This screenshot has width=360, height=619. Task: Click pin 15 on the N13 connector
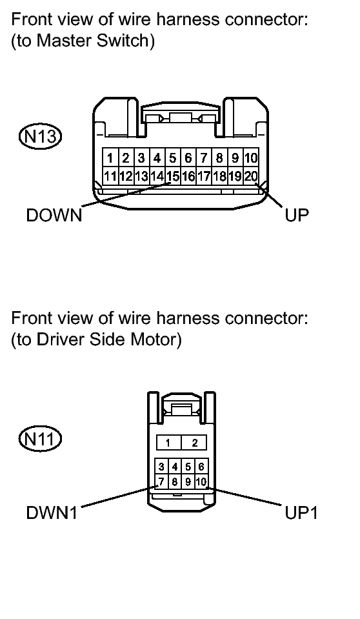172,175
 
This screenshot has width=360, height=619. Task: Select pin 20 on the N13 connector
251,175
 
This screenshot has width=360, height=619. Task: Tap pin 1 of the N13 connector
110,157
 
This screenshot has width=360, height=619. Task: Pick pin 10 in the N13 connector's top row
251,157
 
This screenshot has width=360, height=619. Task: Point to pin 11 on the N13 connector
110,175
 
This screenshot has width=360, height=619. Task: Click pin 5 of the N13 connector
173,157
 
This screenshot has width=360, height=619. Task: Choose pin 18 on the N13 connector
219,175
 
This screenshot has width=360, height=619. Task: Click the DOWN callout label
54,215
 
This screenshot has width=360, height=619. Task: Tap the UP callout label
297,215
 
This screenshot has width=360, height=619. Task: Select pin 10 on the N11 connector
200,482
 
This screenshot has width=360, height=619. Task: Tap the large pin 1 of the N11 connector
168,443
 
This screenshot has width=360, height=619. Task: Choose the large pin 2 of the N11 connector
194,443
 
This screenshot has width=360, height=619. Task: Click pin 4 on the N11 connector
174,467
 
